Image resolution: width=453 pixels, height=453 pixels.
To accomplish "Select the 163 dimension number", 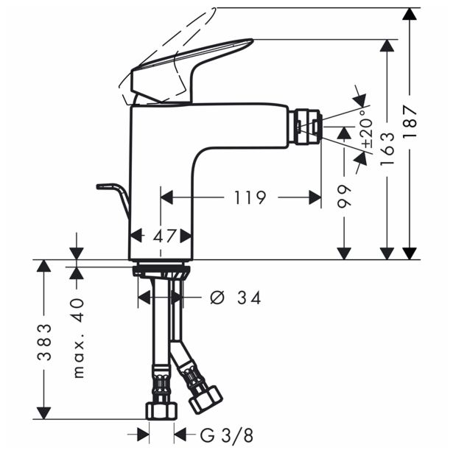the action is [387, 149].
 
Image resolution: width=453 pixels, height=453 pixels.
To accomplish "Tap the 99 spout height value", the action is [344, 196].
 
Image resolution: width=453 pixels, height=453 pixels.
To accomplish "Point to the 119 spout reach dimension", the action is [250, 197].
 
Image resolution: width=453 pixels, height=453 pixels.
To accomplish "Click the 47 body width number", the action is [164, 236].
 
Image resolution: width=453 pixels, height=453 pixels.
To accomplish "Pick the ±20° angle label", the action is [368, 127].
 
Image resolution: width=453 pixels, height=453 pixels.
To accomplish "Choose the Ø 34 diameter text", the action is [236, 298].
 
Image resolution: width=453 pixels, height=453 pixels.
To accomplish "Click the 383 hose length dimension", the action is [44, 343].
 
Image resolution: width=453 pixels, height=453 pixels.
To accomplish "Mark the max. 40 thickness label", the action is [78, 338].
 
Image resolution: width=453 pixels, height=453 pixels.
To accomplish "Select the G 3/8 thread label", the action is [227, 435].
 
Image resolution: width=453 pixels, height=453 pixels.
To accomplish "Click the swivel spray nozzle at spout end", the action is [306, 126].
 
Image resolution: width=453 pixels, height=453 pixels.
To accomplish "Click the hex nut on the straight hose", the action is [161, 411].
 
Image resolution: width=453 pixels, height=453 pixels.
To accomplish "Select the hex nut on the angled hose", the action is [206, 399].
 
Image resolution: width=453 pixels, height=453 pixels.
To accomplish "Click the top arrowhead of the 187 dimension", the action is [410, 14].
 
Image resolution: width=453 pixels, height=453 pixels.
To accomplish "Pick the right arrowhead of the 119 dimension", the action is [315, 197].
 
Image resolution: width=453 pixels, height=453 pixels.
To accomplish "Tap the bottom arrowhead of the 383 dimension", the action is [44, 413].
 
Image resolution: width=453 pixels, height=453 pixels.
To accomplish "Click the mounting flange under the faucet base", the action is [161, 271].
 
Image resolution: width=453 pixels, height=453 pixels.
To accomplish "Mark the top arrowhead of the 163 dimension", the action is [387, 46].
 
